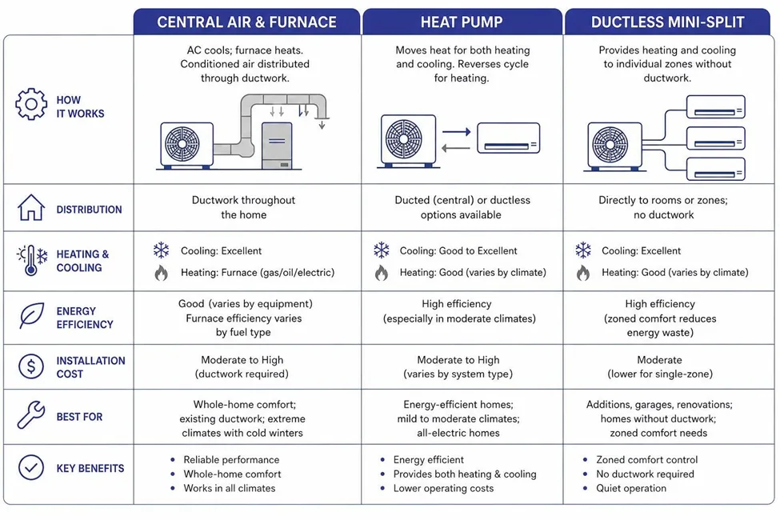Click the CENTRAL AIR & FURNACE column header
point(246,22)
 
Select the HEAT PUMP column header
point(462,22)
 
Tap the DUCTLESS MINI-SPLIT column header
point(667,22)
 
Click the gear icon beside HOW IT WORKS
point(31,104)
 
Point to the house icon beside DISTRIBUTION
point(31,207)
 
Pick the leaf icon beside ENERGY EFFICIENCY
point(32,315)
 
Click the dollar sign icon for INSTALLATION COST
point(31,366)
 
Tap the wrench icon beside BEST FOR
point(31,414)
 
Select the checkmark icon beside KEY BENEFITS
point(31,467)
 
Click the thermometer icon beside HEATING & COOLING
point(31,260)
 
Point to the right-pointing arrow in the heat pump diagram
point(456,132)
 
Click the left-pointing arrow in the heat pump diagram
point(456,148)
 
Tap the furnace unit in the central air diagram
point(277,146)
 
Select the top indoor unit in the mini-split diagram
point(715,106)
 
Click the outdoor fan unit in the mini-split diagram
point(615,146)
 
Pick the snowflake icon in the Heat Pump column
point(382,250)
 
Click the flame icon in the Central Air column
point(161,273)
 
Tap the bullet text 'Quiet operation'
point(630,488)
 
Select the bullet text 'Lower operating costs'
point(443,488)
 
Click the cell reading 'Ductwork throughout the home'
point(243,207)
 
